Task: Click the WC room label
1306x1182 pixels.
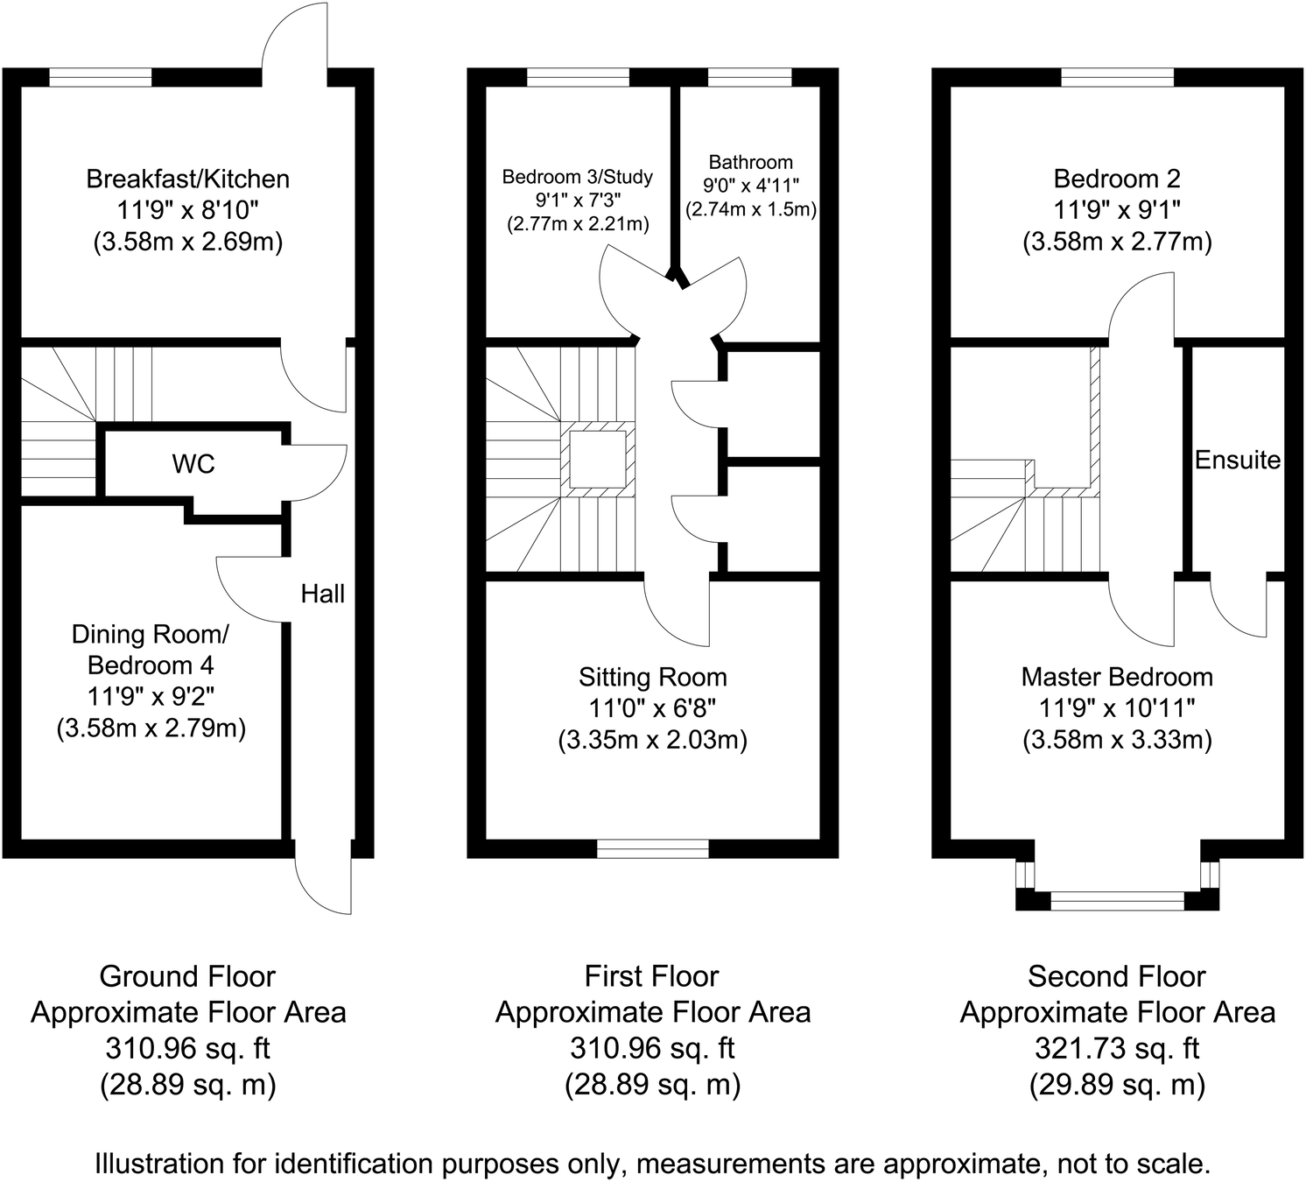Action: click(x=193, y=464)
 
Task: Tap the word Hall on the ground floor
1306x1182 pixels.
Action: click(x=322, y=595)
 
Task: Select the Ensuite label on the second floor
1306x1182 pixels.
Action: click(x=1237, y=461)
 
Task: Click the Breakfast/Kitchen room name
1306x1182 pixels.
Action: click(x=187, y=179)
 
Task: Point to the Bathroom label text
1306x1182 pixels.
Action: click(x=750, y=162)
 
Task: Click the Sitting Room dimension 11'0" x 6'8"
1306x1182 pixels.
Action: click(x=652, y=708)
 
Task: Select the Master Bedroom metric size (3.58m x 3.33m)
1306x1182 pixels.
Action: click(x=1117, y=740)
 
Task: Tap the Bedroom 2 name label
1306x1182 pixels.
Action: click(x=1117, y=179)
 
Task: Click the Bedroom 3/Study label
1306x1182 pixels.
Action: click(x=577, y=177)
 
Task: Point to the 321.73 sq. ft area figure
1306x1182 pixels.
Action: click(x=1117, y=1048)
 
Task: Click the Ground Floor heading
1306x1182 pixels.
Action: click(x=187, y=976)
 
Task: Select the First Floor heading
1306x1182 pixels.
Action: click(x=652, y=976)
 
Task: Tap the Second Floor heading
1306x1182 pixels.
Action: click(x=1117, y=976)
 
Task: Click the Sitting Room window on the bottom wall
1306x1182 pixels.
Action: click(x=652, y=848)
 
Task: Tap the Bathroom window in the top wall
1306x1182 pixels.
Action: click(x=750, y=78)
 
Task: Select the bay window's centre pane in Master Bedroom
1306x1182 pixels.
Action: click(x=1117, y=900)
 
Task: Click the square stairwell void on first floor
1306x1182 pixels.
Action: click(x=598, y=458)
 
